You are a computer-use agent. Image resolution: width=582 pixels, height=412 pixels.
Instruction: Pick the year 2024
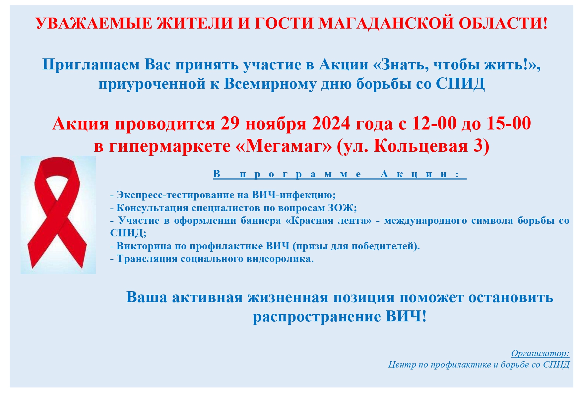pos(331,124)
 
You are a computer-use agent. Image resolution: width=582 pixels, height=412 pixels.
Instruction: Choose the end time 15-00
pos(509,124)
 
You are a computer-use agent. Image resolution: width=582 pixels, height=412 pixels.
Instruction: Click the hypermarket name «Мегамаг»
pos(284,146)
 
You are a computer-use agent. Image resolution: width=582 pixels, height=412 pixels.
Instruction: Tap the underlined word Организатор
pos(540,353)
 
